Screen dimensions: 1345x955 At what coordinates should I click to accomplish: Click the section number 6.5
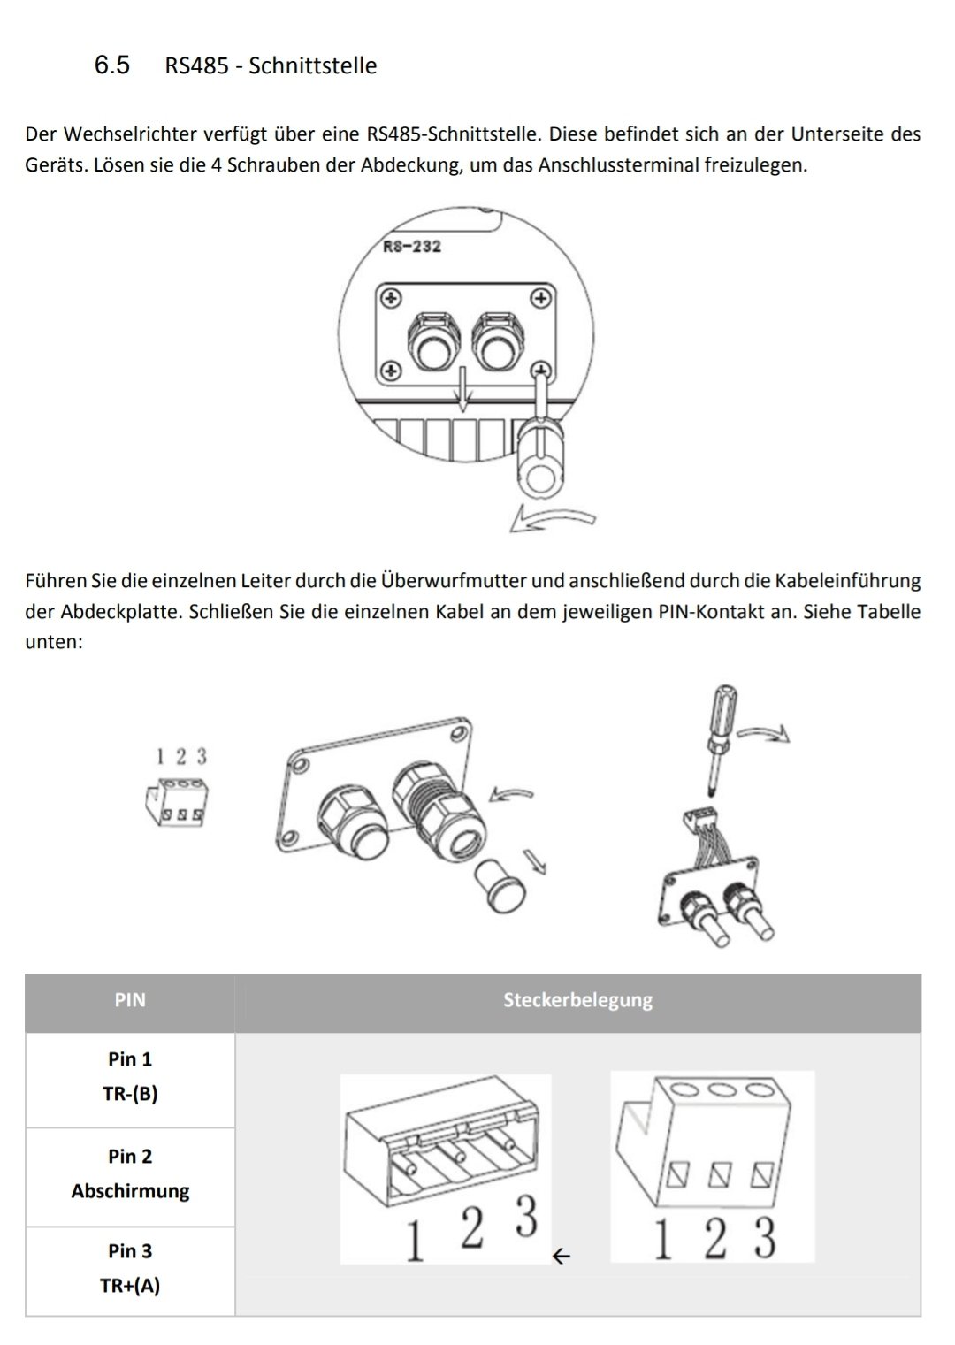112,65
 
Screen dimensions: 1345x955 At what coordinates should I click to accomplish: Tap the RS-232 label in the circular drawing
411,247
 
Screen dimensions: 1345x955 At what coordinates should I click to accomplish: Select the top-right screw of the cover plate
539,297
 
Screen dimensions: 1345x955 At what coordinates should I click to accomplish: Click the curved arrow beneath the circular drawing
553,519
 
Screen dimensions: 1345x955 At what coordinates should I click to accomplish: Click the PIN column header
130,1001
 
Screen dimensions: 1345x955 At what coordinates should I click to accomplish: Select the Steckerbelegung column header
577,1001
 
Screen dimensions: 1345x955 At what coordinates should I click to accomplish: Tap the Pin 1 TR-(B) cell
130,1076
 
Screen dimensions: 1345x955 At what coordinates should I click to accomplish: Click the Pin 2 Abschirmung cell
130,1173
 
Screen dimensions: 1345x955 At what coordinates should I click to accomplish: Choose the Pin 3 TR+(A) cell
130,1268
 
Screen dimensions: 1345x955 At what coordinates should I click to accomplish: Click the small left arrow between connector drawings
561,1255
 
